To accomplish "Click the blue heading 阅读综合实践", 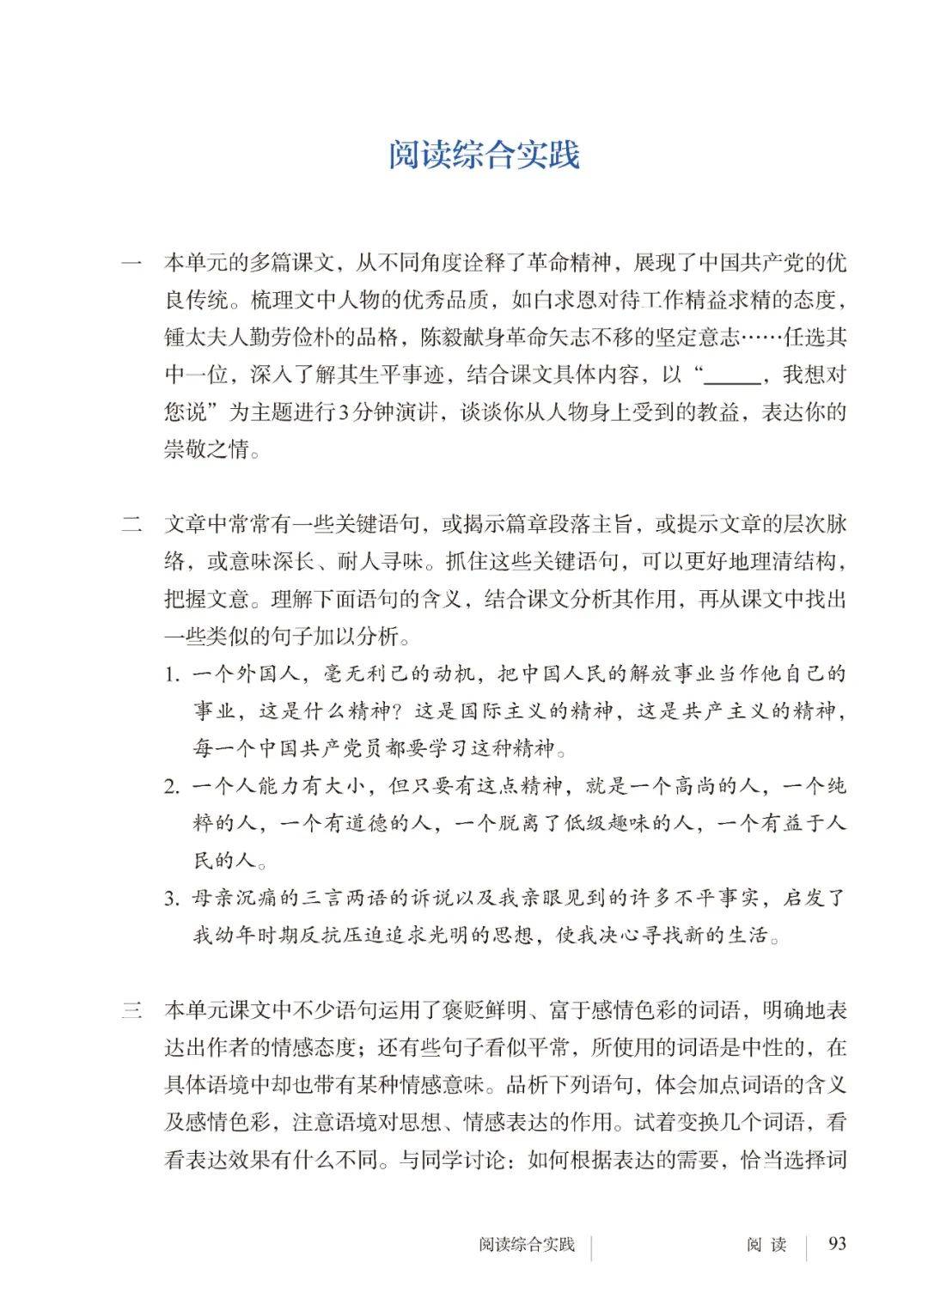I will tap(484, 155).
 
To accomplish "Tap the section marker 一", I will tap(131, 263).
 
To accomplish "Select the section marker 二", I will tap(131, 525).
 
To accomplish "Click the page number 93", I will tap(835, 1244).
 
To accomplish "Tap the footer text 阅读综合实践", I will tap(527, 1245).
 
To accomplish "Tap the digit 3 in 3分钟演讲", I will tap(344, 413).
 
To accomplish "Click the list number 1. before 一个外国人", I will tap(174, 674).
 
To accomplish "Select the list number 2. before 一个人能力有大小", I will tap(174, 787).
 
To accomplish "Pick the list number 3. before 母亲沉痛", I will tap(174, 899).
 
